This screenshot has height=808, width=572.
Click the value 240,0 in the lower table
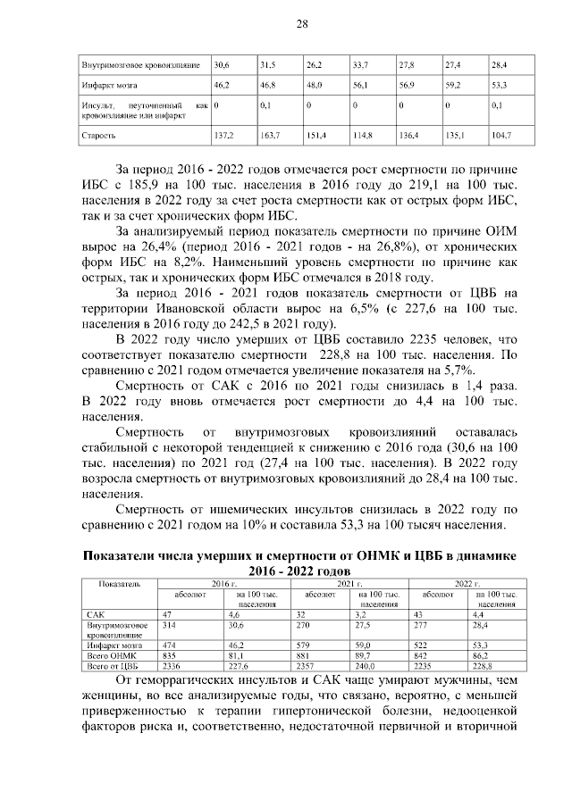pos(369,666)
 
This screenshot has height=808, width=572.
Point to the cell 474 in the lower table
pos(170,645)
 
